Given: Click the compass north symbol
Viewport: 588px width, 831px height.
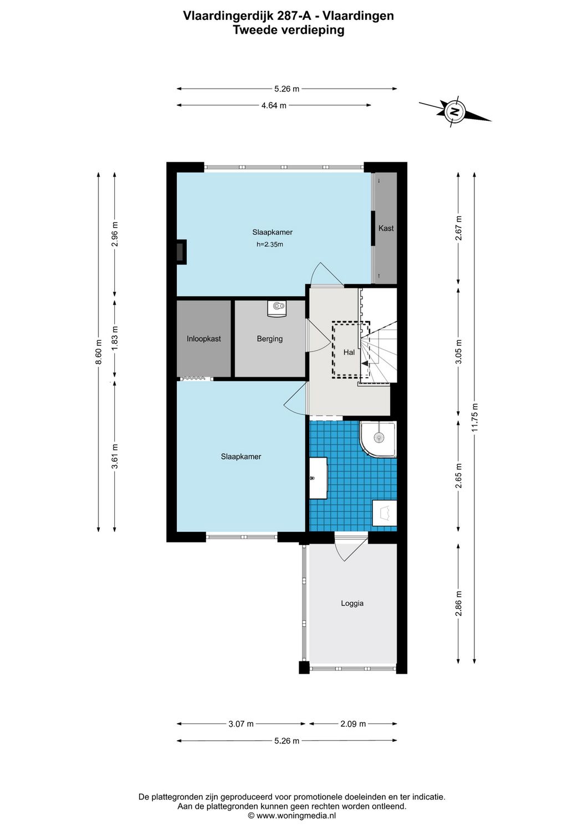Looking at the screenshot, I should coord(455,111).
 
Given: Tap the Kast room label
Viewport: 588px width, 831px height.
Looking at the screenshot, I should coord(386,228).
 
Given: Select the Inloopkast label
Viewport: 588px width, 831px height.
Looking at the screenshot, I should coord(203,338).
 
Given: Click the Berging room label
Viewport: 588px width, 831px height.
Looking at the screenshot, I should coord(269,338).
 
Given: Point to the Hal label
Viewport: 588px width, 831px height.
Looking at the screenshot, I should coord(349,352).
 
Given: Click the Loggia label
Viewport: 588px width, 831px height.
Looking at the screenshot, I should coord(352,603).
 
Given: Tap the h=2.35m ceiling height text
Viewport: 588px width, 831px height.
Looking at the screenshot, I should coord(269,244).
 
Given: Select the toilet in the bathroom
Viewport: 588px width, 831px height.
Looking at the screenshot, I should coord(385,513).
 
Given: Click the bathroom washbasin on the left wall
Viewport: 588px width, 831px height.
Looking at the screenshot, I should coord(318,478).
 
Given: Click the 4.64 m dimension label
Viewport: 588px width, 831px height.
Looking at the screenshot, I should coord(274,105).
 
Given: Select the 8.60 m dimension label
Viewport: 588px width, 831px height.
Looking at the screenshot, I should coord(99,352).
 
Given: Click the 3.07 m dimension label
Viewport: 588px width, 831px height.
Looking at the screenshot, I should coord(241,724).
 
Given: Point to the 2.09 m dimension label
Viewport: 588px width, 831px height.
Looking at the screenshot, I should coord(353,724).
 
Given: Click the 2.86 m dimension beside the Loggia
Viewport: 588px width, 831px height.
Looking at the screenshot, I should coord(458,603).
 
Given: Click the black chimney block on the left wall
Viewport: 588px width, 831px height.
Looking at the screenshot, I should coord(181,252).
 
